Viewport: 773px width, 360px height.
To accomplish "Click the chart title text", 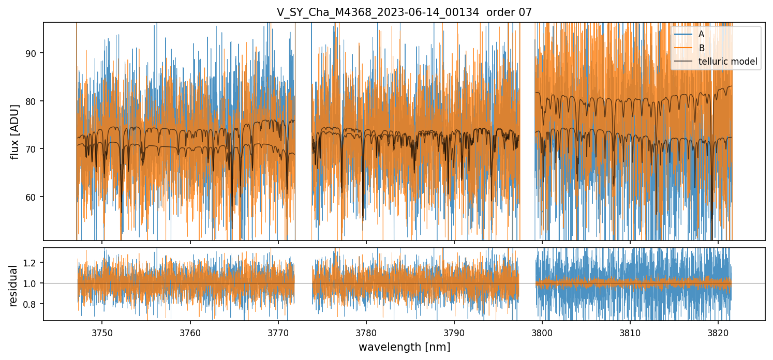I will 404,12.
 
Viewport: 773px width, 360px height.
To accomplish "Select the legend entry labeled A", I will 701,34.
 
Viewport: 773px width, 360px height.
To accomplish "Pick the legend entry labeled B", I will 701,48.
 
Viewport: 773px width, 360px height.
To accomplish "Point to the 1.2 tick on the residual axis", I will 32,263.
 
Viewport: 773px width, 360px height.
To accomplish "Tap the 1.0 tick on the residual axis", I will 32,283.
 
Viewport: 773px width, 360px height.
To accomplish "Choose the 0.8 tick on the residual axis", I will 32,304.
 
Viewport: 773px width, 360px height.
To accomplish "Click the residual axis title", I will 14,286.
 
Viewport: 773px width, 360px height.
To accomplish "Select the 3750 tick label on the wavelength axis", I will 102,331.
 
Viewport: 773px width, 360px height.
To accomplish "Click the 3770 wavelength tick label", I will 278,331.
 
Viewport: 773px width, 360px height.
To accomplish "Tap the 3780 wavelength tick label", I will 366,331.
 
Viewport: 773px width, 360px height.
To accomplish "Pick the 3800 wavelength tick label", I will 542,331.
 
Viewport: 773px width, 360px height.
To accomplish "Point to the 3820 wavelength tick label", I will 718,331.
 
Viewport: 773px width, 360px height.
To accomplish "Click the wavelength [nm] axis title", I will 404,347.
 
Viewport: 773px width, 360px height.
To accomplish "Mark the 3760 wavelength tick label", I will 190,331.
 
